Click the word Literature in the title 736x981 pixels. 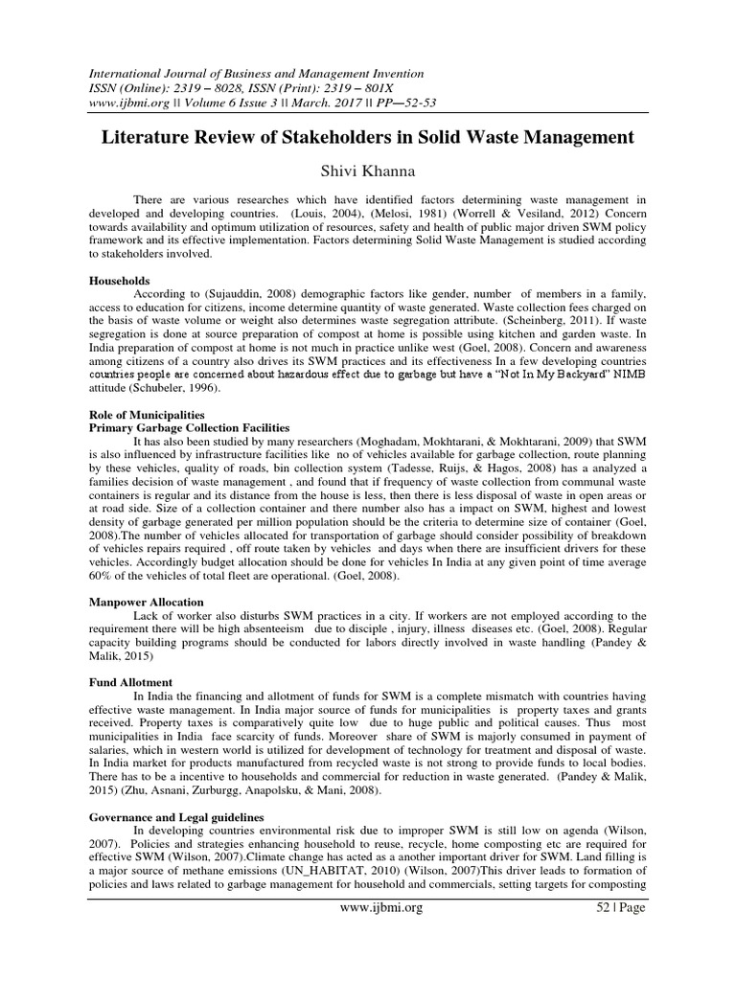click(x=151, y=137)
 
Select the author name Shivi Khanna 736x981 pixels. click(x=368, y=171)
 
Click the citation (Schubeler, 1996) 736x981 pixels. click(x=176, y=389)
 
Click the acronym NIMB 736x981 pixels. click(x=628, y=376)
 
